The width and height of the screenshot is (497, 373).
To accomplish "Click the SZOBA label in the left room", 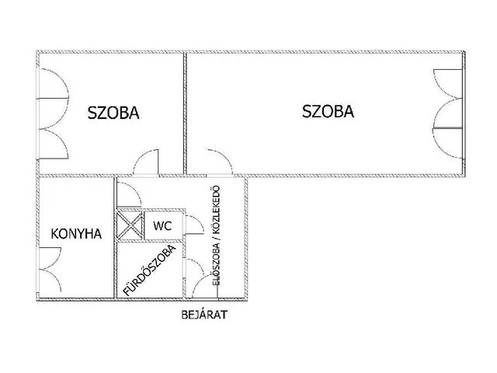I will pyautogui.click(x=113, y=113).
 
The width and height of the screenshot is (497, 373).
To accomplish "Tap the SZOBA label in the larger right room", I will pyautogui.click(x=328, y=111).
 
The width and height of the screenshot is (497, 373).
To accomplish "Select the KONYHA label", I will pyautogui.click(x=76, y=233).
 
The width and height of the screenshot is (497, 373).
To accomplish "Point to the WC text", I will pyautogui.click(x=162, y=226).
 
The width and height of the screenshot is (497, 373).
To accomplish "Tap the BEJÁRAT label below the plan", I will pyautogui.click(x=203, y=316).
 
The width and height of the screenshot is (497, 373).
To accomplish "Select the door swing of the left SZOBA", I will pyautogui.click(x=146, y=164).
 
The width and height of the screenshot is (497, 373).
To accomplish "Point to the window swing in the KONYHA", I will pyautogui.click(x=49, y=269).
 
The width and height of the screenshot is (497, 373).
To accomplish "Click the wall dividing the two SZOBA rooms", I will pyautogui.click(x=185, y=113).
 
